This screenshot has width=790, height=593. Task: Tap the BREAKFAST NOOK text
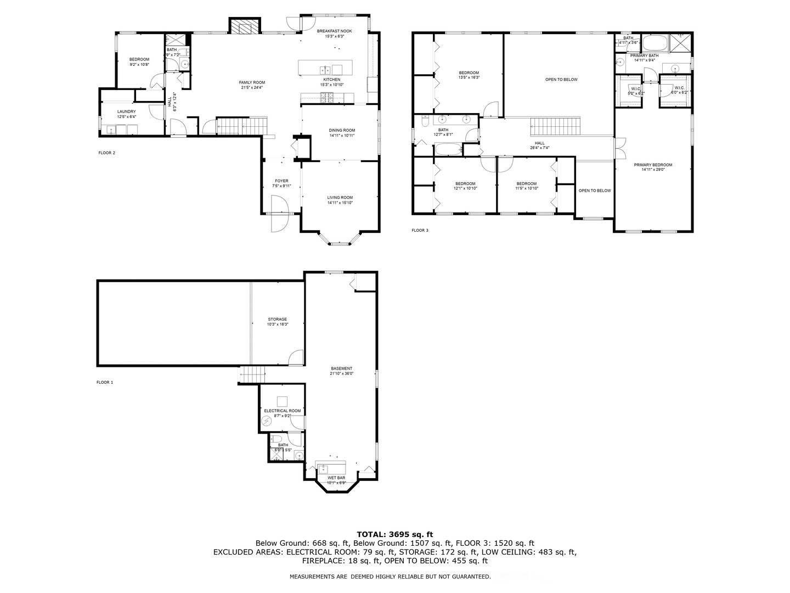point(335,31)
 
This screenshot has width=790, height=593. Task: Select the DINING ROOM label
point(342,130)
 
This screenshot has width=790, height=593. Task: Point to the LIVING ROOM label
point(340,198)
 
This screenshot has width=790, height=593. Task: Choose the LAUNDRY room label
point(126,111)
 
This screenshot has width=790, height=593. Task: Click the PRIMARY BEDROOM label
point(653,165)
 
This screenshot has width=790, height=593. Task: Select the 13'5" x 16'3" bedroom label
point(469,73)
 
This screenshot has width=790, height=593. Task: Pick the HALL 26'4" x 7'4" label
point(540,143)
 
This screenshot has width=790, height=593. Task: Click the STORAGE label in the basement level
point(277,320)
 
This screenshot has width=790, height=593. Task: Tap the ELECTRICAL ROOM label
point(283,411)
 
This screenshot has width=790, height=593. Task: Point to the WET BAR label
point(336,478)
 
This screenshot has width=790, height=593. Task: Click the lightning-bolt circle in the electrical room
point(267,422)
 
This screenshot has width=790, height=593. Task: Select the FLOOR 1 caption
point(105,382)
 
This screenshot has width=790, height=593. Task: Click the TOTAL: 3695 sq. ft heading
point(395,534)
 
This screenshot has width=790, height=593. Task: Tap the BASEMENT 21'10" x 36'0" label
point(342,368)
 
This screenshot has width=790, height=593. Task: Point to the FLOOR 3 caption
point(420,230)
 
